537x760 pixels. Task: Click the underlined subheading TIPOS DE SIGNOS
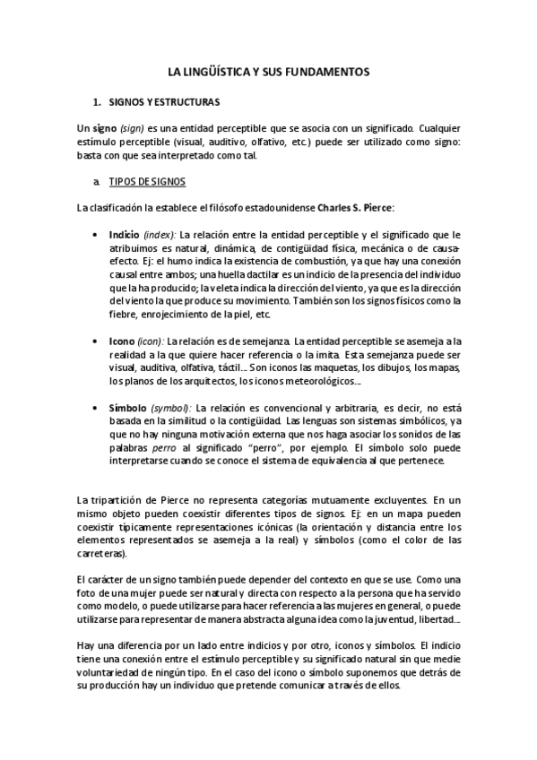coord(146,182)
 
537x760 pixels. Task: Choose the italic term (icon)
coord(151,341)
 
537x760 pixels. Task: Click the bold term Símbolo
coord(128,408)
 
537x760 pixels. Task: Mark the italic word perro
coord(164,447)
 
